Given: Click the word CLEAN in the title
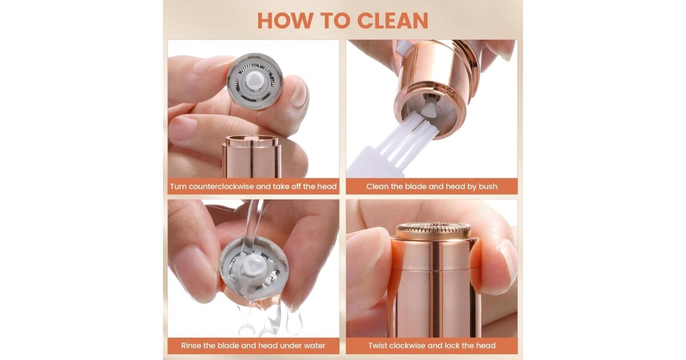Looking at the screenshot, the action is [x=393, y=21].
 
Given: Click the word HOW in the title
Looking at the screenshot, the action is [x=285, y=21].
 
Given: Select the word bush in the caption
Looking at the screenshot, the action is [x=488, y=186].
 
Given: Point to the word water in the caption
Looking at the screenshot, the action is [x=314, y=346].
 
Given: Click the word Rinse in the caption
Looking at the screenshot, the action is [x=191, y=346].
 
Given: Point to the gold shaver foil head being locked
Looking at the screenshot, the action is [x=433, y=230].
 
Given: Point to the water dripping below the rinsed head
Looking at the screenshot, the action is [x=269, y=320].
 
